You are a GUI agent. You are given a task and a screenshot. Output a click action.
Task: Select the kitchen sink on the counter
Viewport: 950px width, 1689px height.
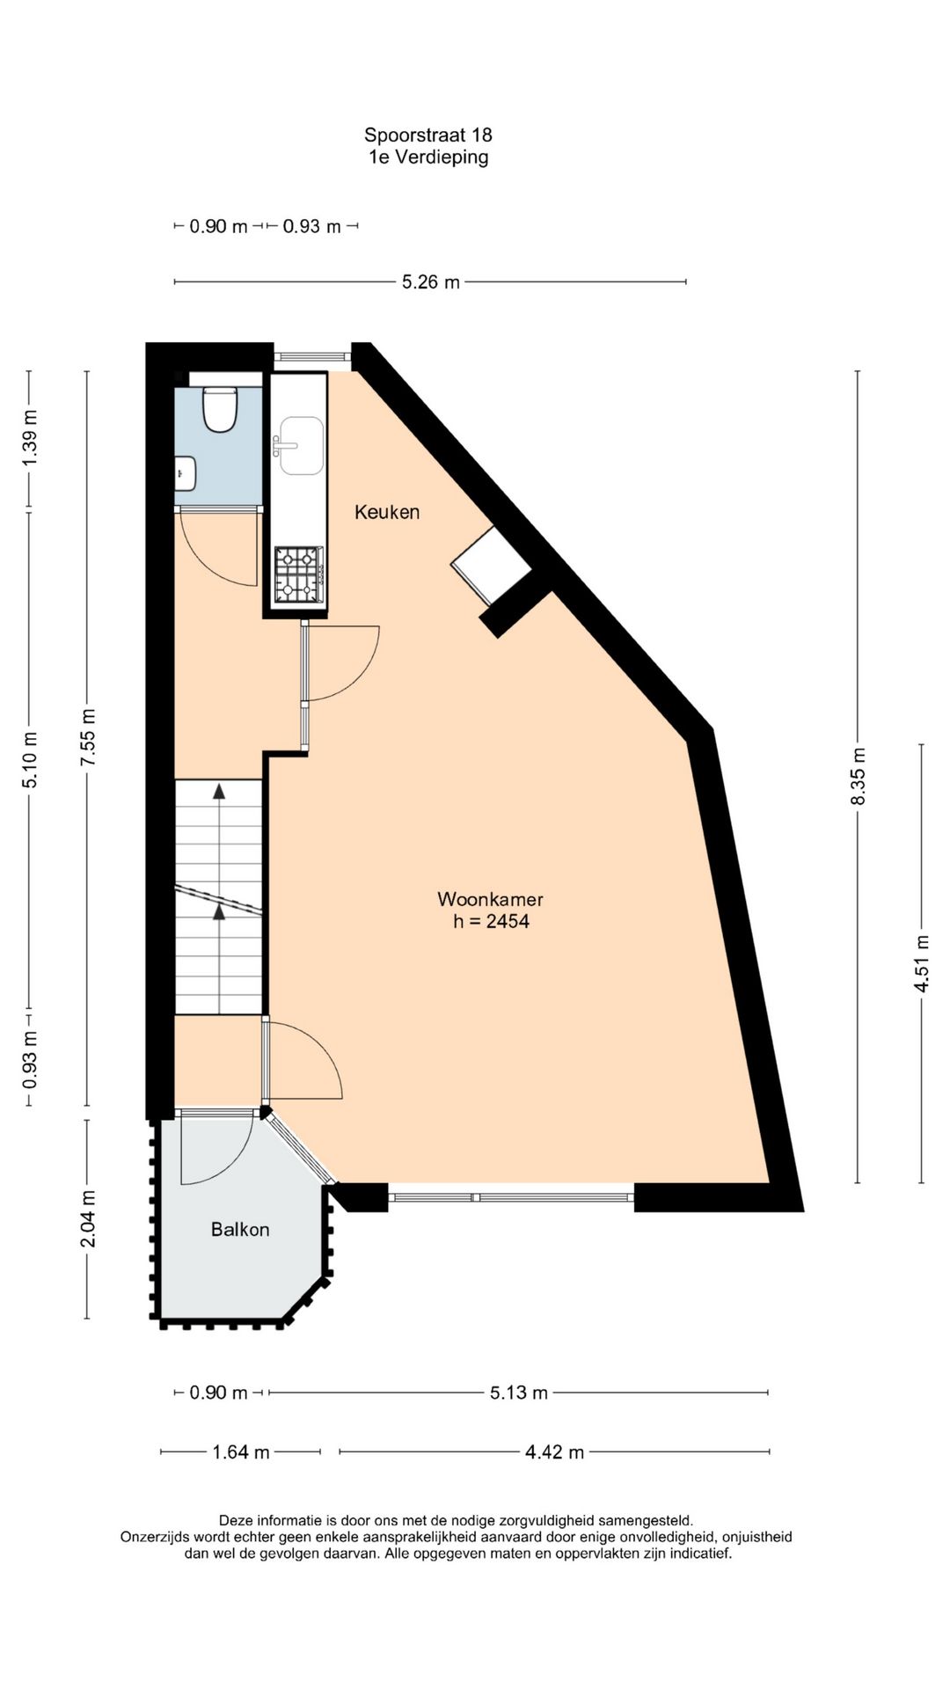[299, 445]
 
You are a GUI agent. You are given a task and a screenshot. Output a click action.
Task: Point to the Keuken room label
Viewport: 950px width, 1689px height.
[387, 512]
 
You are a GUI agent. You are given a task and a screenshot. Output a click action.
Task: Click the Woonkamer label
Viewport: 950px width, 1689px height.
[490, 899]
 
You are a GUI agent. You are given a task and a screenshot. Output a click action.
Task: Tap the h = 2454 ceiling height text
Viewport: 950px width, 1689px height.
[491, 922]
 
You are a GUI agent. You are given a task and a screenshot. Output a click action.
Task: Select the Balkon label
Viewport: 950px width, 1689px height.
[239, 1230]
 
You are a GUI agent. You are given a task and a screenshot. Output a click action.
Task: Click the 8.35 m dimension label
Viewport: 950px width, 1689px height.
[859, 775]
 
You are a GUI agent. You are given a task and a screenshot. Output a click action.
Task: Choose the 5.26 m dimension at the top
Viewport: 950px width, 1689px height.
[430, 282]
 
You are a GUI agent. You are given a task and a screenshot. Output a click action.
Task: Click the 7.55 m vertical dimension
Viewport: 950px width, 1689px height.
[87, 737]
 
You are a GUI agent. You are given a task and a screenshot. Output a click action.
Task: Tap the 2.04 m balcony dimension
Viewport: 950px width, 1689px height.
[87, 1219]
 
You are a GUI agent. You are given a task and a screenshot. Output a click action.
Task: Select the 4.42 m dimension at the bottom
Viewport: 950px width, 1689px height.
[554, 1452]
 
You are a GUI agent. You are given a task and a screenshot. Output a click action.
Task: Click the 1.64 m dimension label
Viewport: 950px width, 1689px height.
[240, 1452]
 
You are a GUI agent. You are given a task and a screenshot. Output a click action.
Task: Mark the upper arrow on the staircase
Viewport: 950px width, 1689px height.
[218, 791]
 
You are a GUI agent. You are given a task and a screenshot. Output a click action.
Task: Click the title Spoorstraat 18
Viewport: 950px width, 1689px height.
[427, 135]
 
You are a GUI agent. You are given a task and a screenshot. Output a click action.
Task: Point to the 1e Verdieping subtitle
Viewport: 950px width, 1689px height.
[427, 157]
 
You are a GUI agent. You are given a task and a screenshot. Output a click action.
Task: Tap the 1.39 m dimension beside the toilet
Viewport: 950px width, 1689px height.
[30, 439]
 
